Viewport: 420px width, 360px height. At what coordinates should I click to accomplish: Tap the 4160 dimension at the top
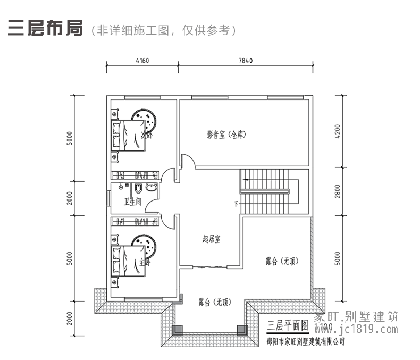[142, 60]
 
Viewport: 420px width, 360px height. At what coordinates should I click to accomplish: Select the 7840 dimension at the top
[245, 60]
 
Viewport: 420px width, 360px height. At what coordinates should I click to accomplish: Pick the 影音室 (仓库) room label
[226, 135]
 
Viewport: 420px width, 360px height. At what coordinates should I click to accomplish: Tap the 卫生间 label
[132, 202]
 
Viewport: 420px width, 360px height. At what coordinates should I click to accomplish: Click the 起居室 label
[211, 239]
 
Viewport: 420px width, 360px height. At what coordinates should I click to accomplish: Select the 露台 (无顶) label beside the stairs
[282, 261]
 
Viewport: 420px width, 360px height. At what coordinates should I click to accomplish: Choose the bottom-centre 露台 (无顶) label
[215, 303]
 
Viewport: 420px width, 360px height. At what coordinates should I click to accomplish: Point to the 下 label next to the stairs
[236, 204]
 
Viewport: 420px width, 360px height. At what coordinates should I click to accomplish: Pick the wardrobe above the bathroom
[135, 175]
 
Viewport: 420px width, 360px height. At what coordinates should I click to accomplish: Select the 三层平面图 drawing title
[287, 324]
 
